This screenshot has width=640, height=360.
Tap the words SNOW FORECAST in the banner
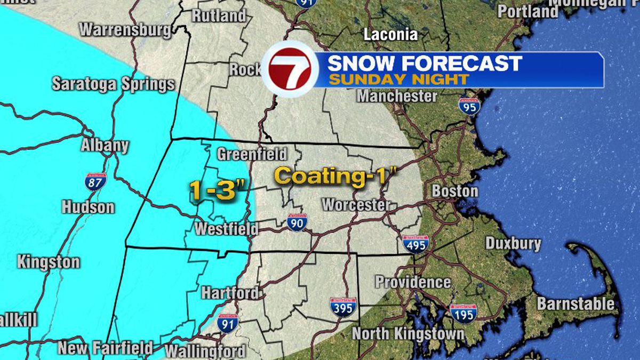424,63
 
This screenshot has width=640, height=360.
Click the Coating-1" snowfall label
337,175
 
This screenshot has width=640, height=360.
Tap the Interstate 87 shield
95,182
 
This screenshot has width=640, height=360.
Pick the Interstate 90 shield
297,222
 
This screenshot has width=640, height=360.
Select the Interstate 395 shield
343,307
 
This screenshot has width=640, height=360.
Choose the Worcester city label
356,205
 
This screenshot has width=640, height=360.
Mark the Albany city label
105,146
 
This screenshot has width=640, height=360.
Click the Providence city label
413,282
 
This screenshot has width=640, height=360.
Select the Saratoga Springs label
113,84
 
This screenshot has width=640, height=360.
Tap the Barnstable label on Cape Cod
575,304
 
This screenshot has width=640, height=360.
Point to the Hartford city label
230,293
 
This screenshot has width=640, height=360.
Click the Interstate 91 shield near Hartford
228,323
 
